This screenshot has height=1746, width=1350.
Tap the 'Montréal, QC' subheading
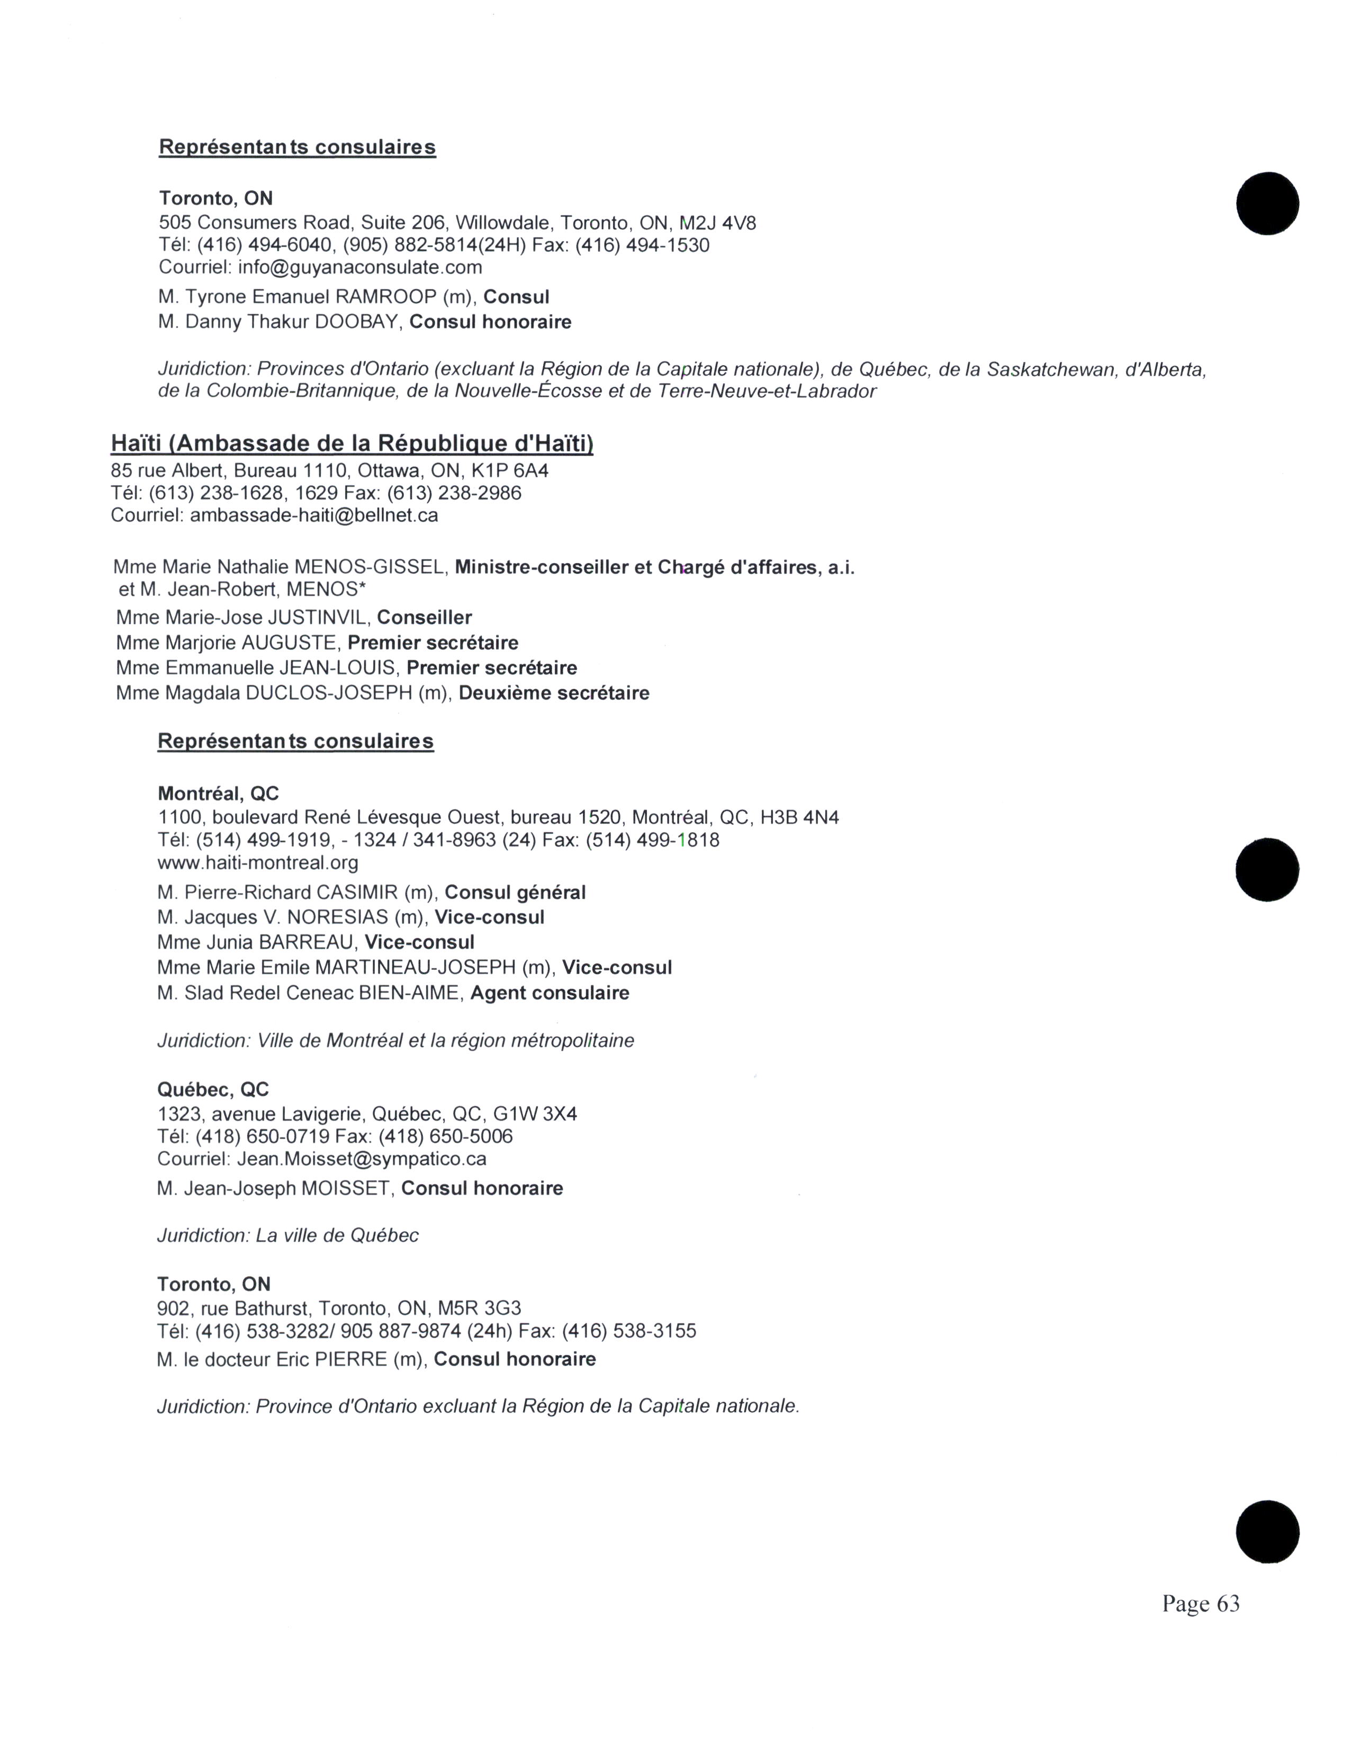[218, 794]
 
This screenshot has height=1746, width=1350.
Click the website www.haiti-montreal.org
[257, 862]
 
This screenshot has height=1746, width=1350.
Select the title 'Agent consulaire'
[550, 993]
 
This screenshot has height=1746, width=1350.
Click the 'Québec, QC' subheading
[213, 1089]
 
